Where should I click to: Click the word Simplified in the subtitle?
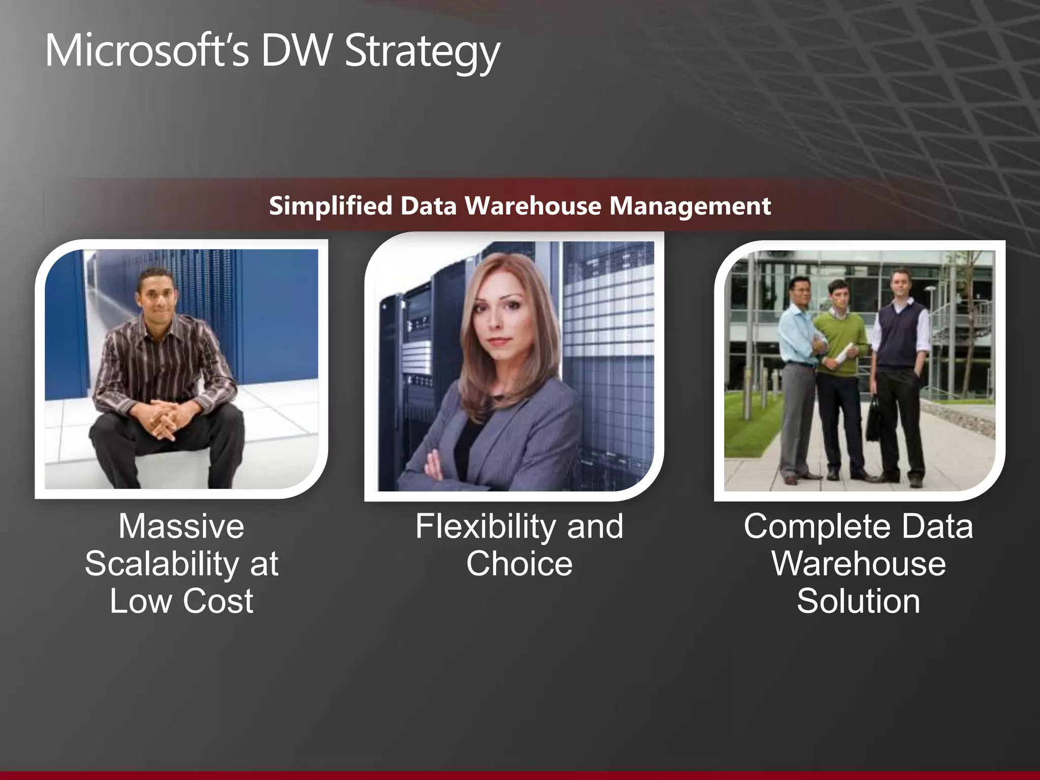pos(330,206)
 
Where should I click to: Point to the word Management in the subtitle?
pos(690,206)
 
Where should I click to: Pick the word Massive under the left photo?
pos(181,526)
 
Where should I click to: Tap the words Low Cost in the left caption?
pos(181,601)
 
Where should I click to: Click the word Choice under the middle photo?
pos(519,564)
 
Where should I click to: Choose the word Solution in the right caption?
pos(858,601)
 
